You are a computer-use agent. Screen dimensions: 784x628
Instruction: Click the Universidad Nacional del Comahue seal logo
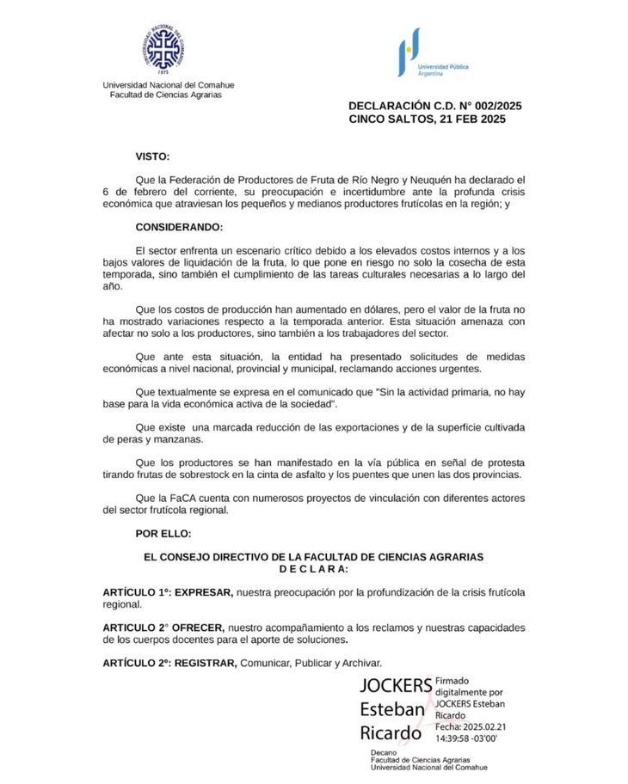[x=163, y=49]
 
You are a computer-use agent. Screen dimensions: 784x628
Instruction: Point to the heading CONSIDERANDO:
[x=179, y=227]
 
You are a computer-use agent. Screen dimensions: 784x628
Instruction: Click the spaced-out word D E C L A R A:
[x=313, y=569]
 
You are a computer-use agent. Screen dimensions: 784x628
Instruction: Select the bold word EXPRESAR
[x=203, y=592]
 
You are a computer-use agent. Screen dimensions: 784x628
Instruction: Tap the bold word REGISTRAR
[x=206, y=663]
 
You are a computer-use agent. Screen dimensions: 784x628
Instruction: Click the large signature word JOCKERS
[x=396, y=686]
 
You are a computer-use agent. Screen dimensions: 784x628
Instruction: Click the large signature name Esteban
[x=391, y=710]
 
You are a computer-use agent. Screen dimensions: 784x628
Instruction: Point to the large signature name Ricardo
[x=391, y=734]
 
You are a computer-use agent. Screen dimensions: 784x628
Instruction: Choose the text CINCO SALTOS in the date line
[x=390, y=119]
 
